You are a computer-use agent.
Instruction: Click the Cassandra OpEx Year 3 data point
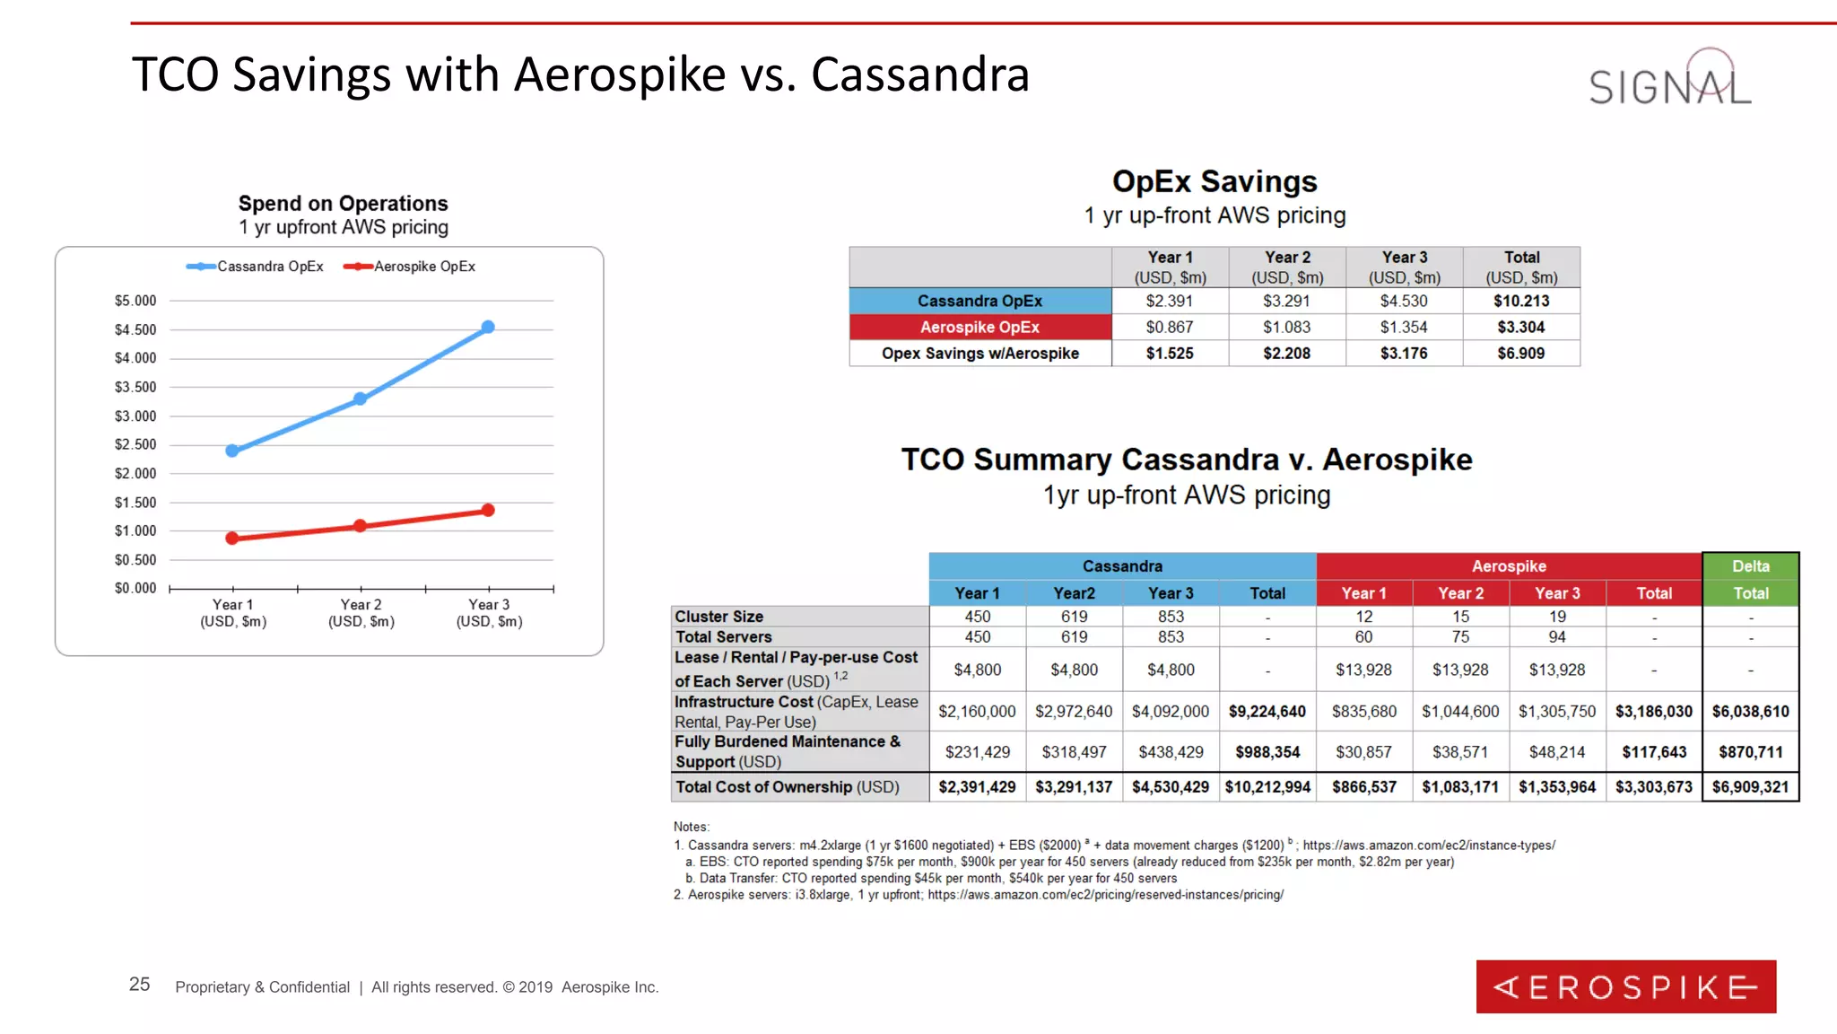(x=488, y=328)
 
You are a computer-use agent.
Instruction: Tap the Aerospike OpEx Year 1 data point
(x=232, y=539)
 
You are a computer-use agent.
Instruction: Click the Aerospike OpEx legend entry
(x=410, y=267)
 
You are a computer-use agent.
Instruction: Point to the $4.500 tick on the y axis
(x=135, y=329)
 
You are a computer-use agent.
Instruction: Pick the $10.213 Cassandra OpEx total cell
(x=1521, y=301)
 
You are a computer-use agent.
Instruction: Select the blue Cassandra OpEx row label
(x=979, y=301)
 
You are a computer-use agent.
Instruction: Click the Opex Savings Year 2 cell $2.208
(x=1286, y=354)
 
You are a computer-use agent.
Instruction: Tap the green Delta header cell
(x=1750, y=566)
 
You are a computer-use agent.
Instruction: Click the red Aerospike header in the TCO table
(x=1509, y=566)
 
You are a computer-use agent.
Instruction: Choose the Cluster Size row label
(x=719, y=617)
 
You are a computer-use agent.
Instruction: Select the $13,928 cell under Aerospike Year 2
(x=1460, y=670)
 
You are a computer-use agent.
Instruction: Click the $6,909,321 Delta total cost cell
(x=1750, y=787)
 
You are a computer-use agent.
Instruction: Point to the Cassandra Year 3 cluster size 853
(x=1171, y=617)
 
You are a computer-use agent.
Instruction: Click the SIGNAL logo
(x=1669, y=81)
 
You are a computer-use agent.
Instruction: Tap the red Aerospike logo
(x=1625, y=986)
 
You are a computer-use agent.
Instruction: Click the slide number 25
(x=140, y=985)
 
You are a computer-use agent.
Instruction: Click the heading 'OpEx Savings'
(x=1215, y=181)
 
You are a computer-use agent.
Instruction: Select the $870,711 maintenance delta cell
(x=1750, y=752)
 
